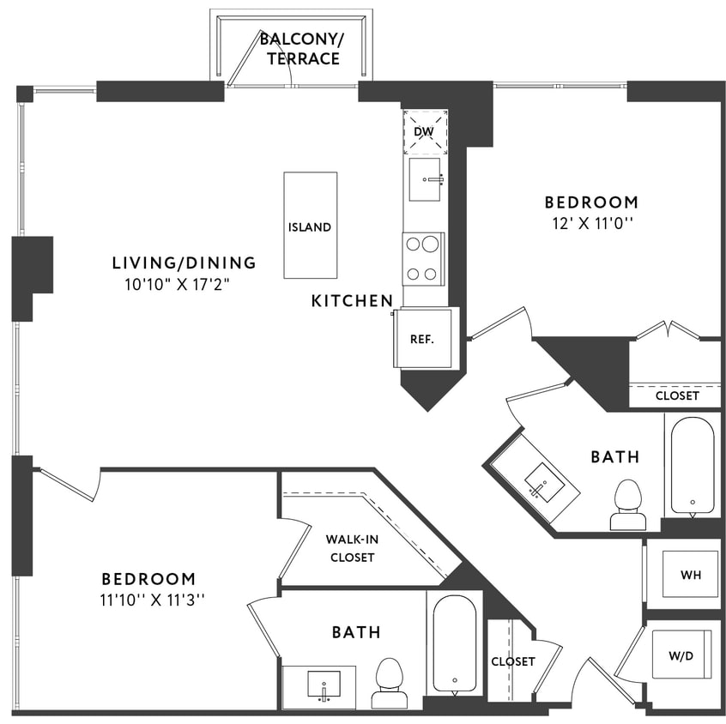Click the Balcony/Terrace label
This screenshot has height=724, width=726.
(x=299, y=49)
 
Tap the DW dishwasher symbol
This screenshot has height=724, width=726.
(x=425, y=131)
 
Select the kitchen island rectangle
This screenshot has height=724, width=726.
(x=310, y=225)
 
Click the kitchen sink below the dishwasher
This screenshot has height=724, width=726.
(x=425, y=179)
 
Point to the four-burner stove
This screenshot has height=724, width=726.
(x=423, y=258)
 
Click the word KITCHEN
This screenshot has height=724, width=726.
(x=352, y=301)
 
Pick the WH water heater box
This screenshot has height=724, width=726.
(x=690, y=575)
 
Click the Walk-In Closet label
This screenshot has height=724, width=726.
(x=350, y=548)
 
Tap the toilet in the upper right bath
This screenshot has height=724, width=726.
(x=628, y=506)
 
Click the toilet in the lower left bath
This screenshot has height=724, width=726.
(x=390, y=683)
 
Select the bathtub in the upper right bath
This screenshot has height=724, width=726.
(x=692, y=465)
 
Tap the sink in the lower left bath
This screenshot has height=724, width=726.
(x=324, y=685)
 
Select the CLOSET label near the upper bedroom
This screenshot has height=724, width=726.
(x=677, y=396)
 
